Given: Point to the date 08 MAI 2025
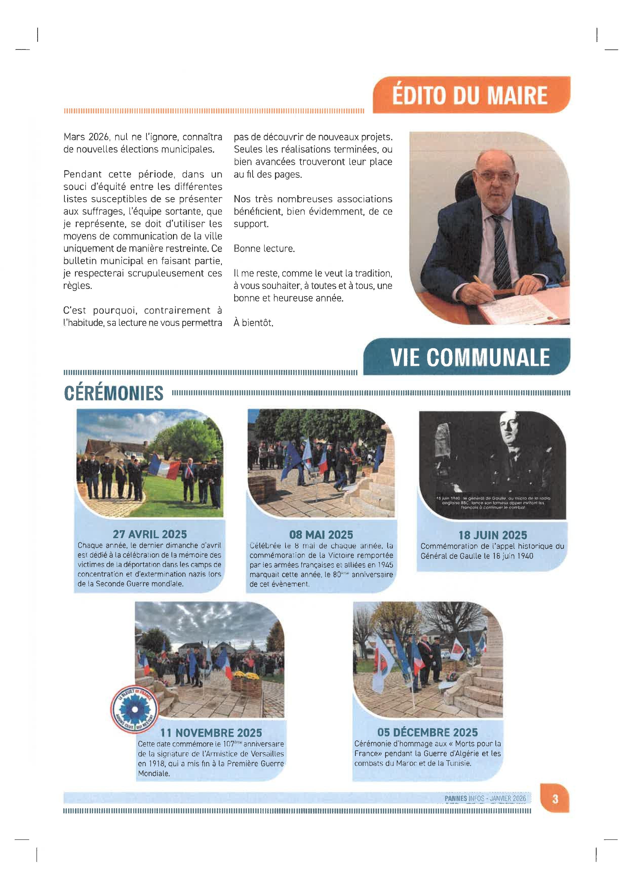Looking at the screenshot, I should pyautogui.click(x=321, y=535).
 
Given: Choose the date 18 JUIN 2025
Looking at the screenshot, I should pyautogui.click(x=493, y=535).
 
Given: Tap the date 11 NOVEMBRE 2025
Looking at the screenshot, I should pyautogui.click(x=211, y=733).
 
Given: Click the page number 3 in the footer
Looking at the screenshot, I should pyautogui.click(x=555, y=799).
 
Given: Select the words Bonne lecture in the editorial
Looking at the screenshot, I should pyautogui.click(x=264, y=249).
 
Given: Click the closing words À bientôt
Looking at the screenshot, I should pyautogui.click(x=253, y=323).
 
